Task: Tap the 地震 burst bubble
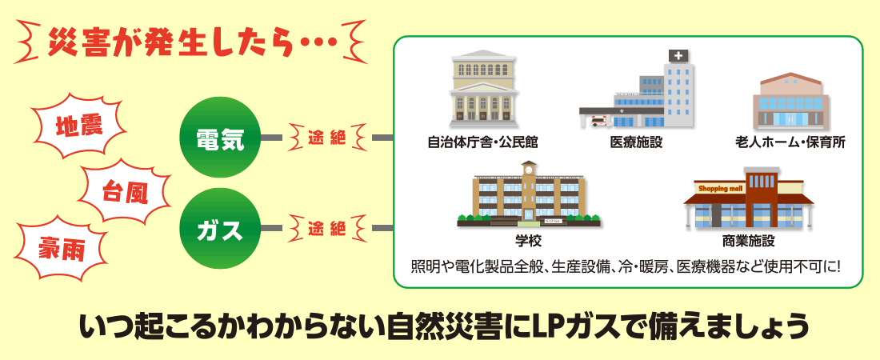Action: click(79, 127)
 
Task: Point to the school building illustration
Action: click(529, 196)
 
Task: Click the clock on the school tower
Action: click(529, 170)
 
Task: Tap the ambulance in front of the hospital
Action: click(598, 122)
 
